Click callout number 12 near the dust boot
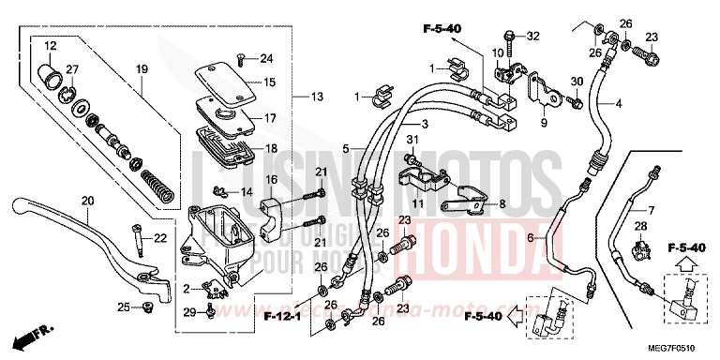[x=50, y=46]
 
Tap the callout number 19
[x=142, y=69]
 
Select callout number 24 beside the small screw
[x=266, y=59]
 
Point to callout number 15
[x=269, y=83]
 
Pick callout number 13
[x=317, y=97]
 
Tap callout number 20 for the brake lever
[x=88, y=202]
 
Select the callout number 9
[x=543, y=122]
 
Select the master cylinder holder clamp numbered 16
[x=273, y=203]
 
